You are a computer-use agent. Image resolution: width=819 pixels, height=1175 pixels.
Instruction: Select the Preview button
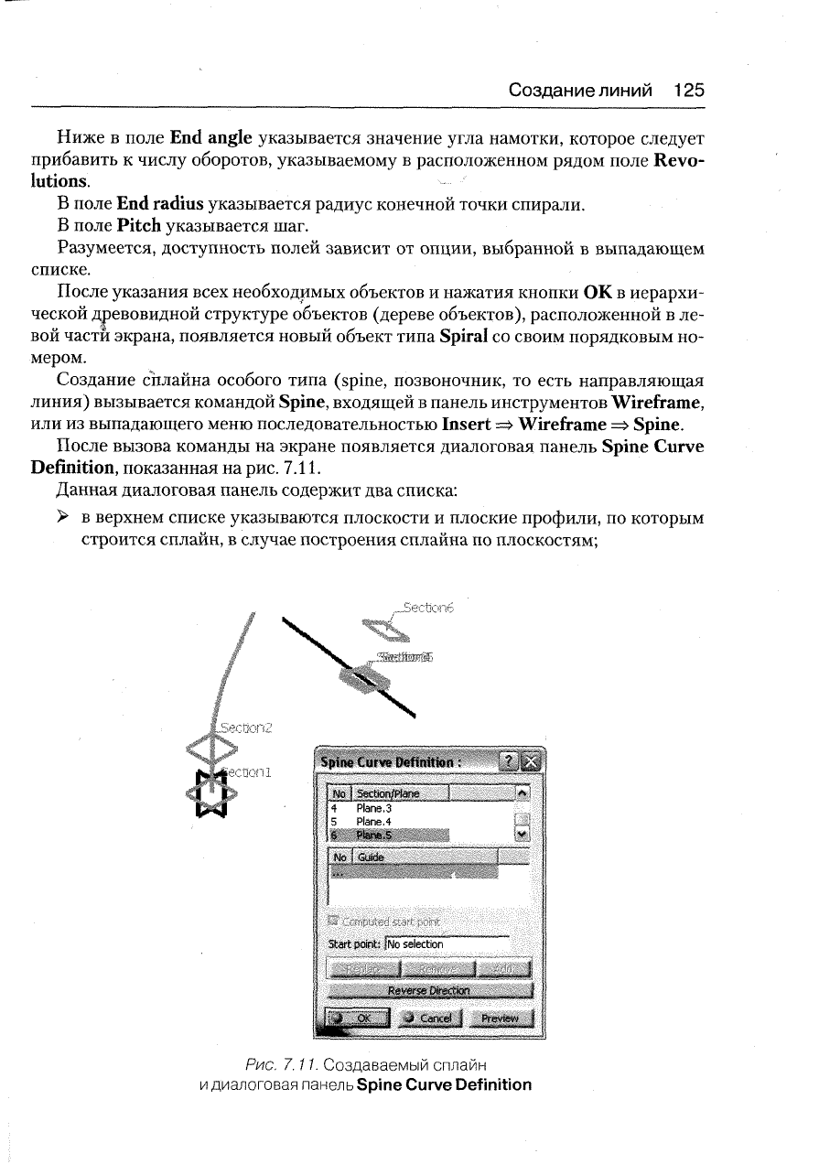click(501, 1018)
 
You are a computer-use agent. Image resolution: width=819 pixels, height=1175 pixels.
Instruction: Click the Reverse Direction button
click(429, 990)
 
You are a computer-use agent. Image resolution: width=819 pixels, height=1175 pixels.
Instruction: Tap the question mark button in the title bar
click(505, 761)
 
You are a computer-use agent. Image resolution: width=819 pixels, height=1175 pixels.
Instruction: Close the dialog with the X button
click(531, 761)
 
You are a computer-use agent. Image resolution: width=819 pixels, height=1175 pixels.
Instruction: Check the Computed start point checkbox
click(334, 920)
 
